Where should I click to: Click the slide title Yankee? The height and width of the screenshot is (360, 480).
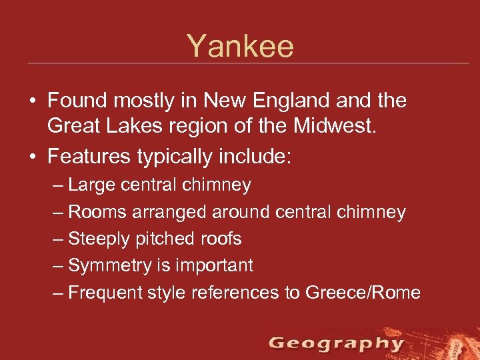pos(240,47)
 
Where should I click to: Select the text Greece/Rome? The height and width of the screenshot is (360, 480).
pos(363,292)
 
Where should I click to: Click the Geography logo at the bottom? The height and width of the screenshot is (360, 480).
pos(336,344)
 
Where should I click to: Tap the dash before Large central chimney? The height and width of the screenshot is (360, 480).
pos(57,185)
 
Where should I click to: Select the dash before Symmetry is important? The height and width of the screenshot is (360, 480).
pos(57,265)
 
